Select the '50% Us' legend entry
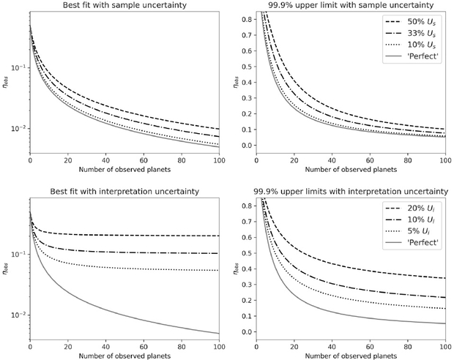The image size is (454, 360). pos(420,21)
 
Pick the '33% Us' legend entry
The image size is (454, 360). pos(420,34)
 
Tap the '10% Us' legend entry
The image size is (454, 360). pos(420,47)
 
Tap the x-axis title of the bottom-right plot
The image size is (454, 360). pos(349,356)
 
